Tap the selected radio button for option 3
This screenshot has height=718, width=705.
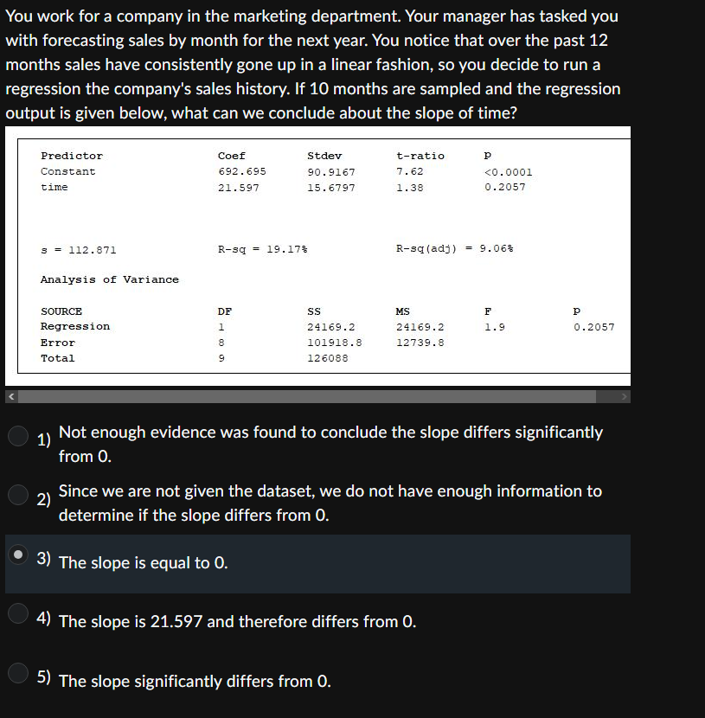point(19,555)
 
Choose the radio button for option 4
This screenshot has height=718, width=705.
point(19,613)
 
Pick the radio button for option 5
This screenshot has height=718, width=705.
point(19,673)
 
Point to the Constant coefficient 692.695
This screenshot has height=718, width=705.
point(241,172)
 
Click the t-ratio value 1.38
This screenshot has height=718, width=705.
point(410,188)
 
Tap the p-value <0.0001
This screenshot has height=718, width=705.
point(509,172)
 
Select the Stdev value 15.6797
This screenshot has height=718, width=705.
point(331,188)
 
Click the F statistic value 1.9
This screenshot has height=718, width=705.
point(494,327)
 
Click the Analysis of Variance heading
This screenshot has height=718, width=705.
point(110,279)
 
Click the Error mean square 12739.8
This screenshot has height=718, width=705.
point(420,343)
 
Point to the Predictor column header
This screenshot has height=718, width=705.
point(72,156)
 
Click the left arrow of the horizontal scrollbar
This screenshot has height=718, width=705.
point(12,396)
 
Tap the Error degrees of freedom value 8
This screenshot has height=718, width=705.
point(221,343)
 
